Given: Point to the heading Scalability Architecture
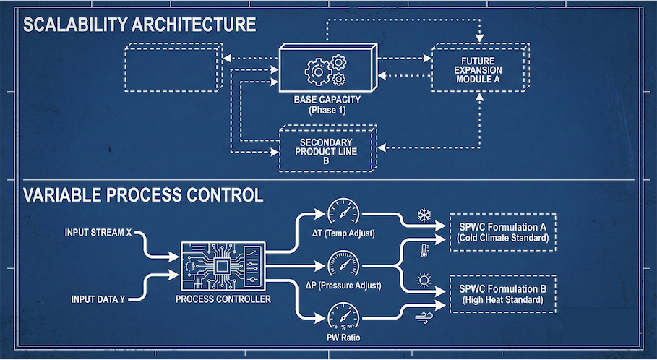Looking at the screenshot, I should click(x=139, y=25).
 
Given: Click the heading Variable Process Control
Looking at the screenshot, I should click(x=143, y=195).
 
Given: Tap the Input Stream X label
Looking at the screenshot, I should click(x=100, y=233).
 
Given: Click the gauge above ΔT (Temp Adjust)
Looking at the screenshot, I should click(x=343, y=213).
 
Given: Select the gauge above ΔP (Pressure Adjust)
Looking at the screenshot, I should click(x=343, y=264).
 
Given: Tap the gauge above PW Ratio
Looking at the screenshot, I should click(x=343, y=316).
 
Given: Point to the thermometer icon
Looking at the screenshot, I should click(x=424, y=251).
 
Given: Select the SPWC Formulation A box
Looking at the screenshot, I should click(x=502, y=232).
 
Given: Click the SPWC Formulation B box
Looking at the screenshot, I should click(x=502, y=293).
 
